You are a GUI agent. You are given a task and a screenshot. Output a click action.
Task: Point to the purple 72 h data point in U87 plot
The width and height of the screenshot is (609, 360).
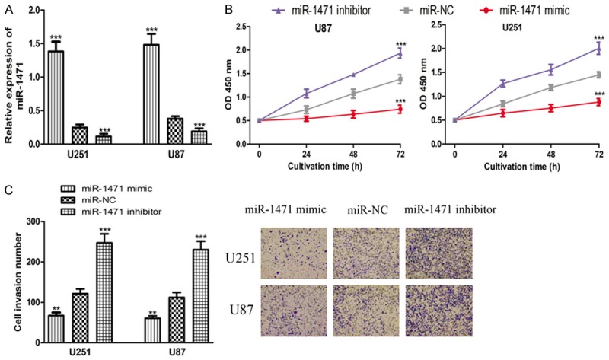click(398, 54)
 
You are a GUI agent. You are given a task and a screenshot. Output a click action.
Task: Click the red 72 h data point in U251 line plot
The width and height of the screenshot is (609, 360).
click(598, 102)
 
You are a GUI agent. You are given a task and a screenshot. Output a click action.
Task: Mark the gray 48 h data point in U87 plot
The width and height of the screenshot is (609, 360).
click(352, 94)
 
